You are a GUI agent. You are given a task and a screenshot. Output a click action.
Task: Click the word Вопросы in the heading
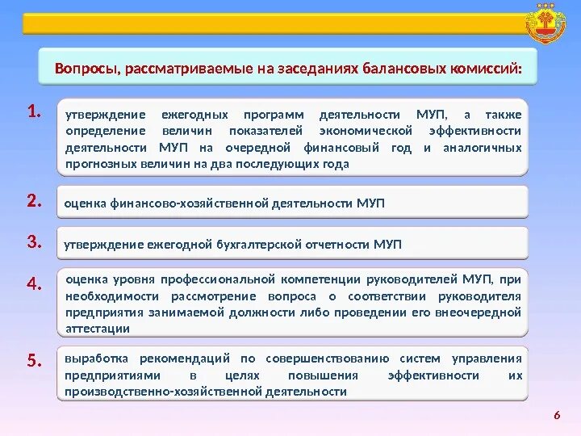84,67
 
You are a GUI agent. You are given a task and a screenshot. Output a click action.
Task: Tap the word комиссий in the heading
487,67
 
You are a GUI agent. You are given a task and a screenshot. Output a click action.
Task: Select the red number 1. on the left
33,111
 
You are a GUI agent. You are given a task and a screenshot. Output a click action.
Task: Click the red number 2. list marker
33,201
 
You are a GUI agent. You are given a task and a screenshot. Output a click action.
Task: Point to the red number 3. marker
33,241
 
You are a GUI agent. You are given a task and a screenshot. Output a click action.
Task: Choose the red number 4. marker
33,283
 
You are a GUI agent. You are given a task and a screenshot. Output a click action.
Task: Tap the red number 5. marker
33,361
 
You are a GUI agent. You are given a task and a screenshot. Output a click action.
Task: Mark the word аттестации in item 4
98,329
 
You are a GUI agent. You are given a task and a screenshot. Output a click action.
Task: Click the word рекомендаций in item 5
185,358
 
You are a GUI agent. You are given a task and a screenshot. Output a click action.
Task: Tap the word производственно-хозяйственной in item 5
150,392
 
